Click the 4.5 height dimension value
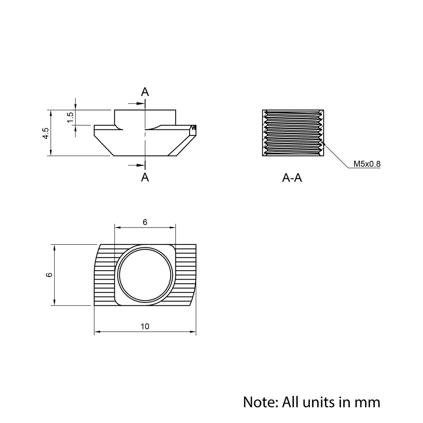[x=46, y=133]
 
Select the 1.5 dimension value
[x=70, y=117]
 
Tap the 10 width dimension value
[x=145, y=327]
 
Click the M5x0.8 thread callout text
[x=367, y=164]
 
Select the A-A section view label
[x=292, y=178]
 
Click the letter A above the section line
[x=145, y=92]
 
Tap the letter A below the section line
[x=145, y=177]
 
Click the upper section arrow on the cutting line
[x=136, y=103]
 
